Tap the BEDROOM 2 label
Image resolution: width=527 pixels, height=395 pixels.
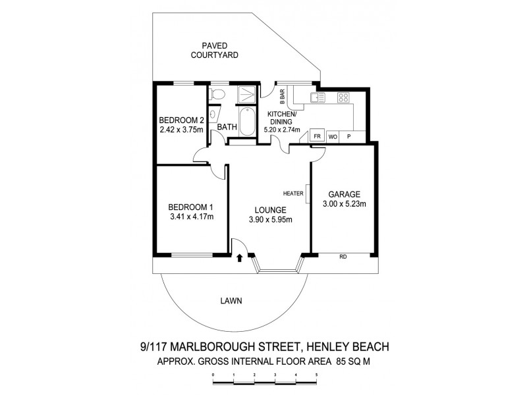[182, 120]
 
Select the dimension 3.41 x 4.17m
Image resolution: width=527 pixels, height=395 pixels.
[192, 215]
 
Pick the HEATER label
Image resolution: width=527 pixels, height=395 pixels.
[292, 194]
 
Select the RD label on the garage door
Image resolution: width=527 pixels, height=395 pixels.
[343, 257]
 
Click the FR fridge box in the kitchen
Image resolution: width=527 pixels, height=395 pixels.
[317, 136]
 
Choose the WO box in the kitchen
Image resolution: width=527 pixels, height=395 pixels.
[333, 136]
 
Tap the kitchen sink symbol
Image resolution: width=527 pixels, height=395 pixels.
[317, 98]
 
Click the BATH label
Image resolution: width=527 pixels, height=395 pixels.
[227, 128]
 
